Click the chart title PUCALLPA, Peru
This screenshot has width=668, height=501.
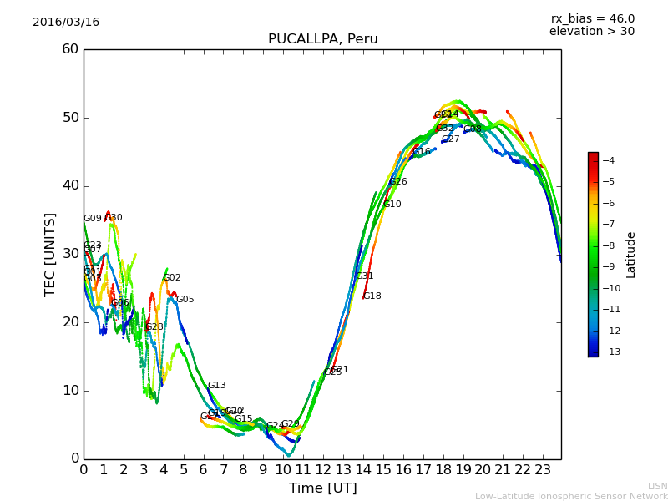pos(322,39)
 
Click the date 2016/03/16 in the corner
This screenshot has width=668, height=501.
pos(66,22)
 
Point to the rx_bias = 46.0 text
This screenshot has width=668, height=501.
pos(592,18)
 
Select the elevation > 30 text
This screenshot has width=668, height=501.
pos(592,32)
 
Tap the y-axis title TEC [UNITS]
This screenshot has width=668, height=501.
pos(50,254)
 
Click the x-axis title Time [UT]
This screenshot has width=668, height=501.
pos(322,488)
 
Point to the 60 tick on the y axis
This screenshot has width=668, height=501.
pos(70,49)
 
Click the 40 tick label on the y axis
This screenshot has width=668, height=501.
pos(70,185)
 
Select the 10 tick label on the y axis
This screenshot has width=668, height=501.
pos(70,390)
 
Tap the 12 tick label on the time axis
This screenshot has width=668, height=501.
pos(323,469)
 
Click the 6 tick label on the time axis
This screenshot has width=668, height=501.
pos(203,469)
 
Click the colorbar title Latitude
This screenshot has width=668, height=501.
pos(631,254)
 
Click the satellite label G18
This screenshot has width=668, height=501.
pos(372,296)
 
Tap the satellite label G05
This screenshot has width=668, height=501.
pos(185,300)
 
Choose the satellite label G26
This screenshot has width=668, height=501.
pos(398,182)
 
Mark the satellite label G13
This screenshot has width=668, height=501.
pos(217,386)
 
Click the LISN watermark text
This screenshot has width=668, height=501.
pos(658,486)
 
